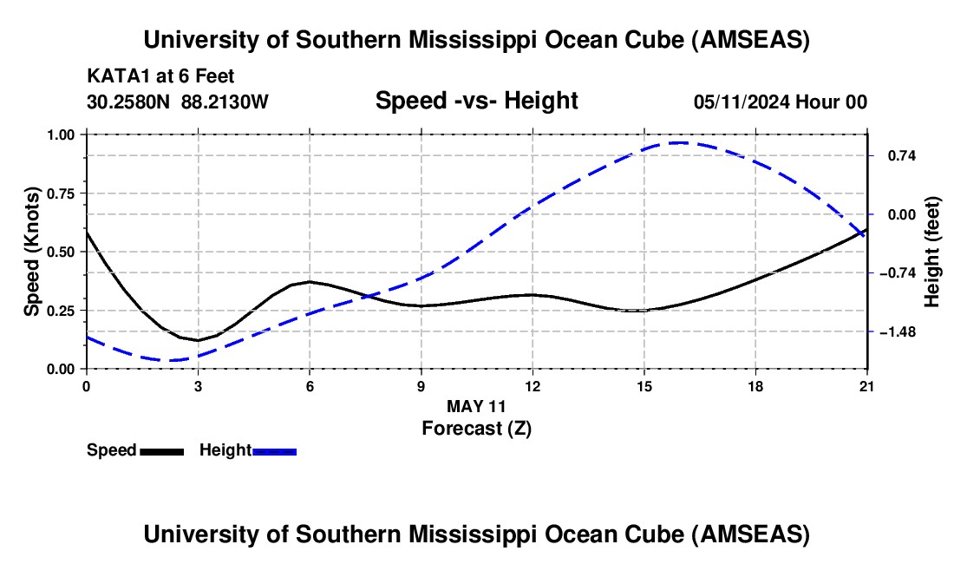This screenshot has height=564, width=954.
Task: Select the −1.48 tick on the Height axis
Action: pos(898,332)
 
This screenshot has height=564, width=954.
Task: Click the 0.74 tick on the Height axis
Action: pos(898,156)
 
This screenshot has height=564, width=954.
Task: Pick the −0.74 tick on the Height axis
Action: pos(898,273)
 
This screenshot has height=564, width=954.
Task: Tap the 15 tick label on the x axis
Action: pos(644,386)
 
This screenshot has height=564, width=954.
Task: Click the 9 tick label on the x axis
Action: pos(421,386)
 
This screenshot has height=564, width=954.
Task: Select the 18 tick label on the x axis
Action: pos(756,386)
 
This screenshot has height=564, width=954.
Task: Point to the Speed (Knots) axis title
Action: pos(32,252)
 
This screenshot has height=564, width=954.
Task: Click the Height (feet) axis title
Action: pos(933,252)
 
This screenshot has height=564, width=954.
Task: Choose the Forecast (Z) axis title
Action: pos(476,428)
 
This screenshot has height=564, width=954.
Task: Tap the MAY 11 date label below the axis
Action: pos(476,406)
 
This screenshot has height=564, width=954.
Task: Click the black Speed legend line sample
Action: pos(161,450)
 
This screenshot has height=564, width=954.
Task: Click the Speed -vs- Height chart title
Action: pos(476,102)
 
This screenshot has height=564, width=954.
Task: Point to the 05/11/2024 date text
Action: pos(741,102)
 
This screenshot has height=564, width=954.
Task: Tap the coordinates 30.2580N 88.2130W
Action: pos(178,102)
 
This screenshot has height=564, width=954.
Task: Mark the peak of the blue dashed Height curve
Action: pos(681,143)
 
